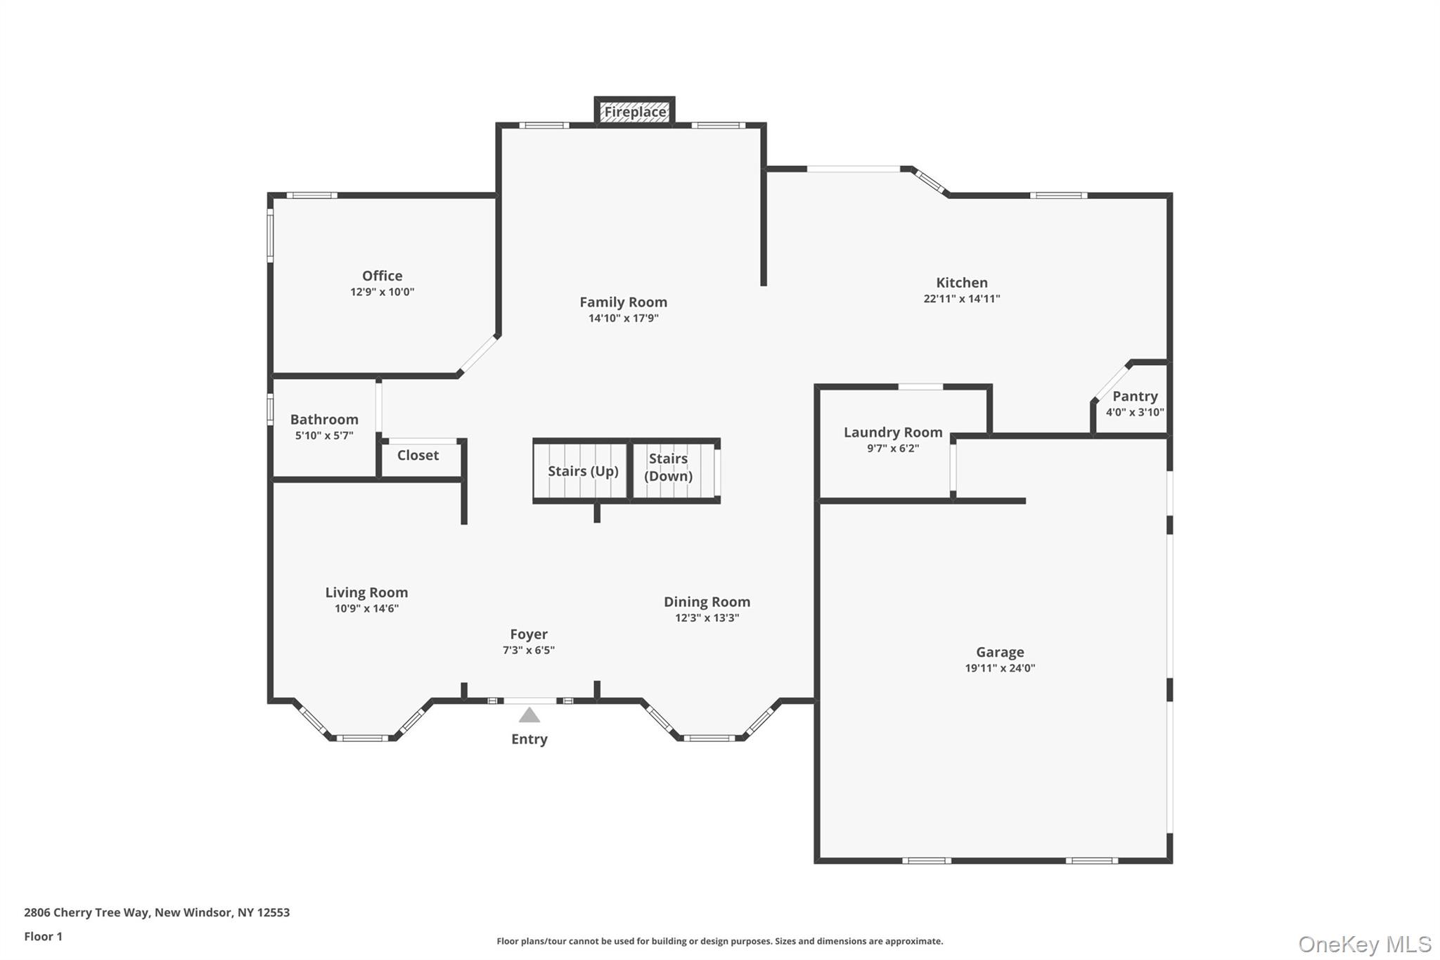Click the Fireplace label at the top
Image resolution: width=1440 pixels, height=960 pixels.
coord(635,112)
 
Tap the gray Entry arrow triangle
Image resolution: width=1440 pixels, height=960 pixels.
coord(529,715)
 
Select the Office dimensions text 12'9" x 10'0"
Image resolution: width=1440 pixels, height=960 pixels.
coord(382,292)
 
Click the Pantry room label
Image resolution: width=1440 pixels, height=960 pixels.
coord(1134,396)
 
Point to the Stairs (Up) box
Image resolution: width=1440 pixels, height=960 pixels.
coord(582,471)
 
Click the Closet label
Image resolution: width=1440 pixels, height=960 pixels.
coord(418,455)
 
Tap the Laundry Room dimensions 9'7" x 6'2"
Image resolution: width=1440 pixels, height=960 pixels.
coord(892,449)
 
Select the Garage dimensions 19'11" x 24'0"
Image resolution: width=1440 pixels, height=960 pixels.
coord(999,668)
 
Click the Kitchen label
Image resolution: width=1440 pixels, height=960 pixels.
coord(961,282)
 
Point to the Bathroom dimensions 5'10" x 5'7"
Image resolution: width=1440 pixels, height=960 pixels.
coord(324,435)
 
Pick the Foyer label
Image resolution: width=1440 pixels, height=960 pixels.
coord(529,634)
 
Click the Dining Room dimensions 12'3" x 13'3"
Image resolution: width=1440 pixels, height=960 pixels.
coord(707,618)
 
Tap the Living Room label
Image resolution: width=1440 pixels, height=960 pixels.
coord(366,592)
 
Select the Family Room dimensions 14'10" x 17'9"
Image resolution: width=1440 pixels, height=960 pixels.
coord(623,318)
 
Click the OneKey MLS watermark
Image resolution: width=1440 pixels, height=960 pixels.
coord(1364,944)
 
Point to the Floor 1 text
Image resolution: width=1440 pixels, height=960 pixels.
coord(43,936)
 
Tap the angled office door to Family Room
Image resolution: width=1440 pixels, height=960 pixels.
coord(479,354)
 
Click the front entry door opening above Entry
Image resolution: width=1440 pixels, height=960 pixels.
coord(530,700)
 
